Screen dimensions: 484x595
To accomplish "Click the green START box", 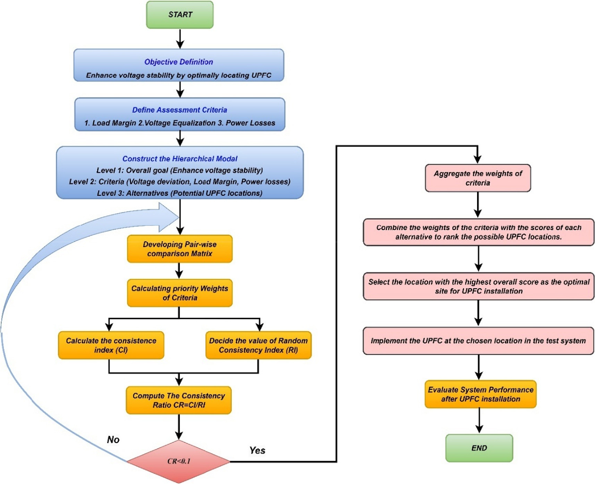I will click(180, 15).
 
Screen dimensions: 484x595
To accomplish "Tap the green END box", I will click(479, 448).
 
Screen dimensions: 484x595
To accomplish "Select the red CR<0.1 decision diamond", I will click(179, 461).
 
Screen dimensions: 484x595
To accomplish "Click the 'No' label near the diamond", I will click(113, 440).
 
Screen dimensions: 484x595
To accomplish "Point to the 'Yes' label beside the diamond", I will click(257, 450).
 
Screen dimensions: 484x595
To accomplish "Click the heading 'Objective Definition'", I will click(179, 62).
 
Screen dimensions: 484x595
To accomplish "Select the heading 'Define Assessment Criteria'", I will click(179, 110).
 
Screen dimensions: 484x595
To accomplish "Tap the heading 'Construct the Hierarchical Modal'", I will click(180, 159).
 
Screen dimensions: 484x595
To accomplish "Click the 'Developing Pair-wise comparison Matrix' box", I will click(180, 249).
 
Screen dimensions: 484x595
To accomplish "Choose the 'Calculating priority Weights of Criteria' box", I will click(180, 293).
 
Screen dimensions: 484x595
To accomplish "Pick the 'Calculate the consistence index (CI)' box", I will click(111, 345).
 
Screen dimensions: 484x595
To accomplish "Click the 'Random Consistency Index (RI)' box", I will click(258, 345).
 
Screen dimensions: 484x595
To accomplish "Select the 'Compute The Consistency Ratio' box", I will click(179, 400).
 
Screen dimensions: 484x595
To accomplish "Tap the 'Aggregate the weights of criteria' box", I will click(478, 178).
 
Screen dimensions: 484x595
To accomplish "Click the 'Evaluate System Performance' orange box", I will click(480, 394).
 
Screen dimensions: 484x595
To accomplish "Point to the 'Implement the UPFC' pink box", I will click(478, 341).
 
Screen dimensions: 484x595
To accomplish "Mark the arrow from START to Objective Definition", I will click(180, 39).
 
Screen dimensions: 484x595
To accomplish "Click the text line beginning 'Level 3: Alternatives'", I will click(179, 193).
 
